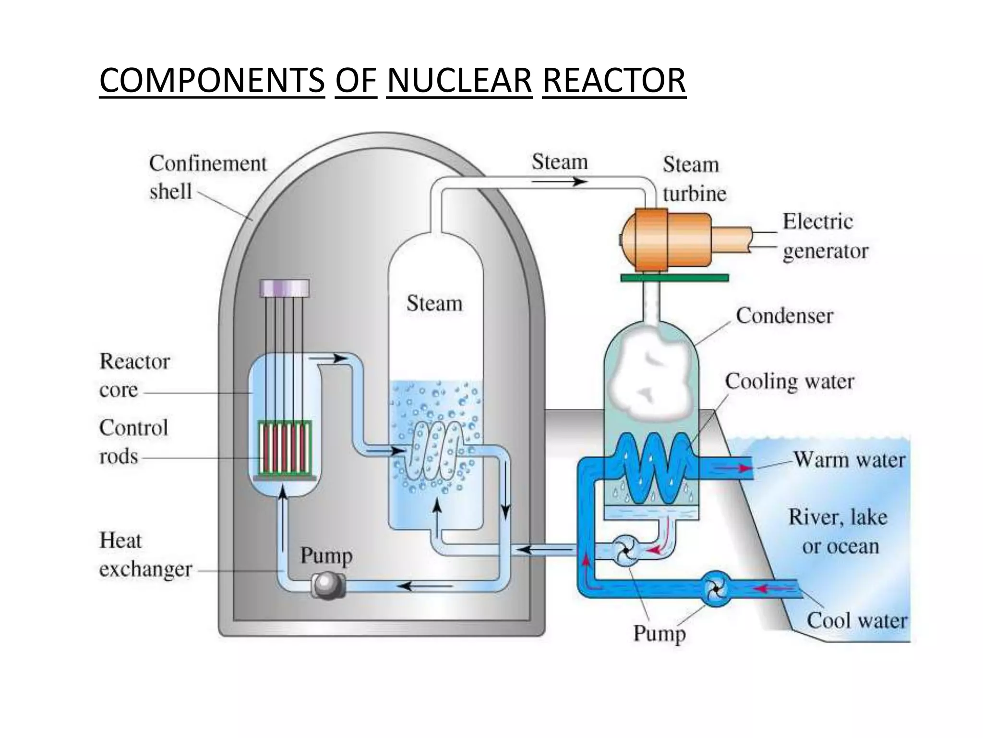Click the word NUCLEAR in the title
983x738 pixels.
coord(459,80)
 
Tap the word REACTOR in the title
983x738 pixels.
coord(614,80)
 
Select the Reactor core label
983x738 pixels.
coord(134,375)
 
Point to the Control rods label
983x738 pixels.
coord(133,441)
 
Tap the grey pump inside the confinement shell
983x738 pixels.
coord(328,586)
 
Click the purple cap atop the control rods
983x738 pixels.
coord(284,287)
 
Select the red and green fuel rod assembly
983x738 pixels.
coord(285,447)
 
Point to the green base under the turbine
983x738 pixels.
coord(674,278)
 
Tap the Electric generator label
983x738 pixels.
coord(825,236)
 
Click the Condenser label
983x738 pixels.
coord(784,316)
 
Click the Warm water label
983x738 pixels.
coord(849,459)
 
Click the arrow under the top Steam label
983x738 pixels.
coord(559,182)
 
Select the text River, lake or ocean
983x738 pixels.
coord(838,531)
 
